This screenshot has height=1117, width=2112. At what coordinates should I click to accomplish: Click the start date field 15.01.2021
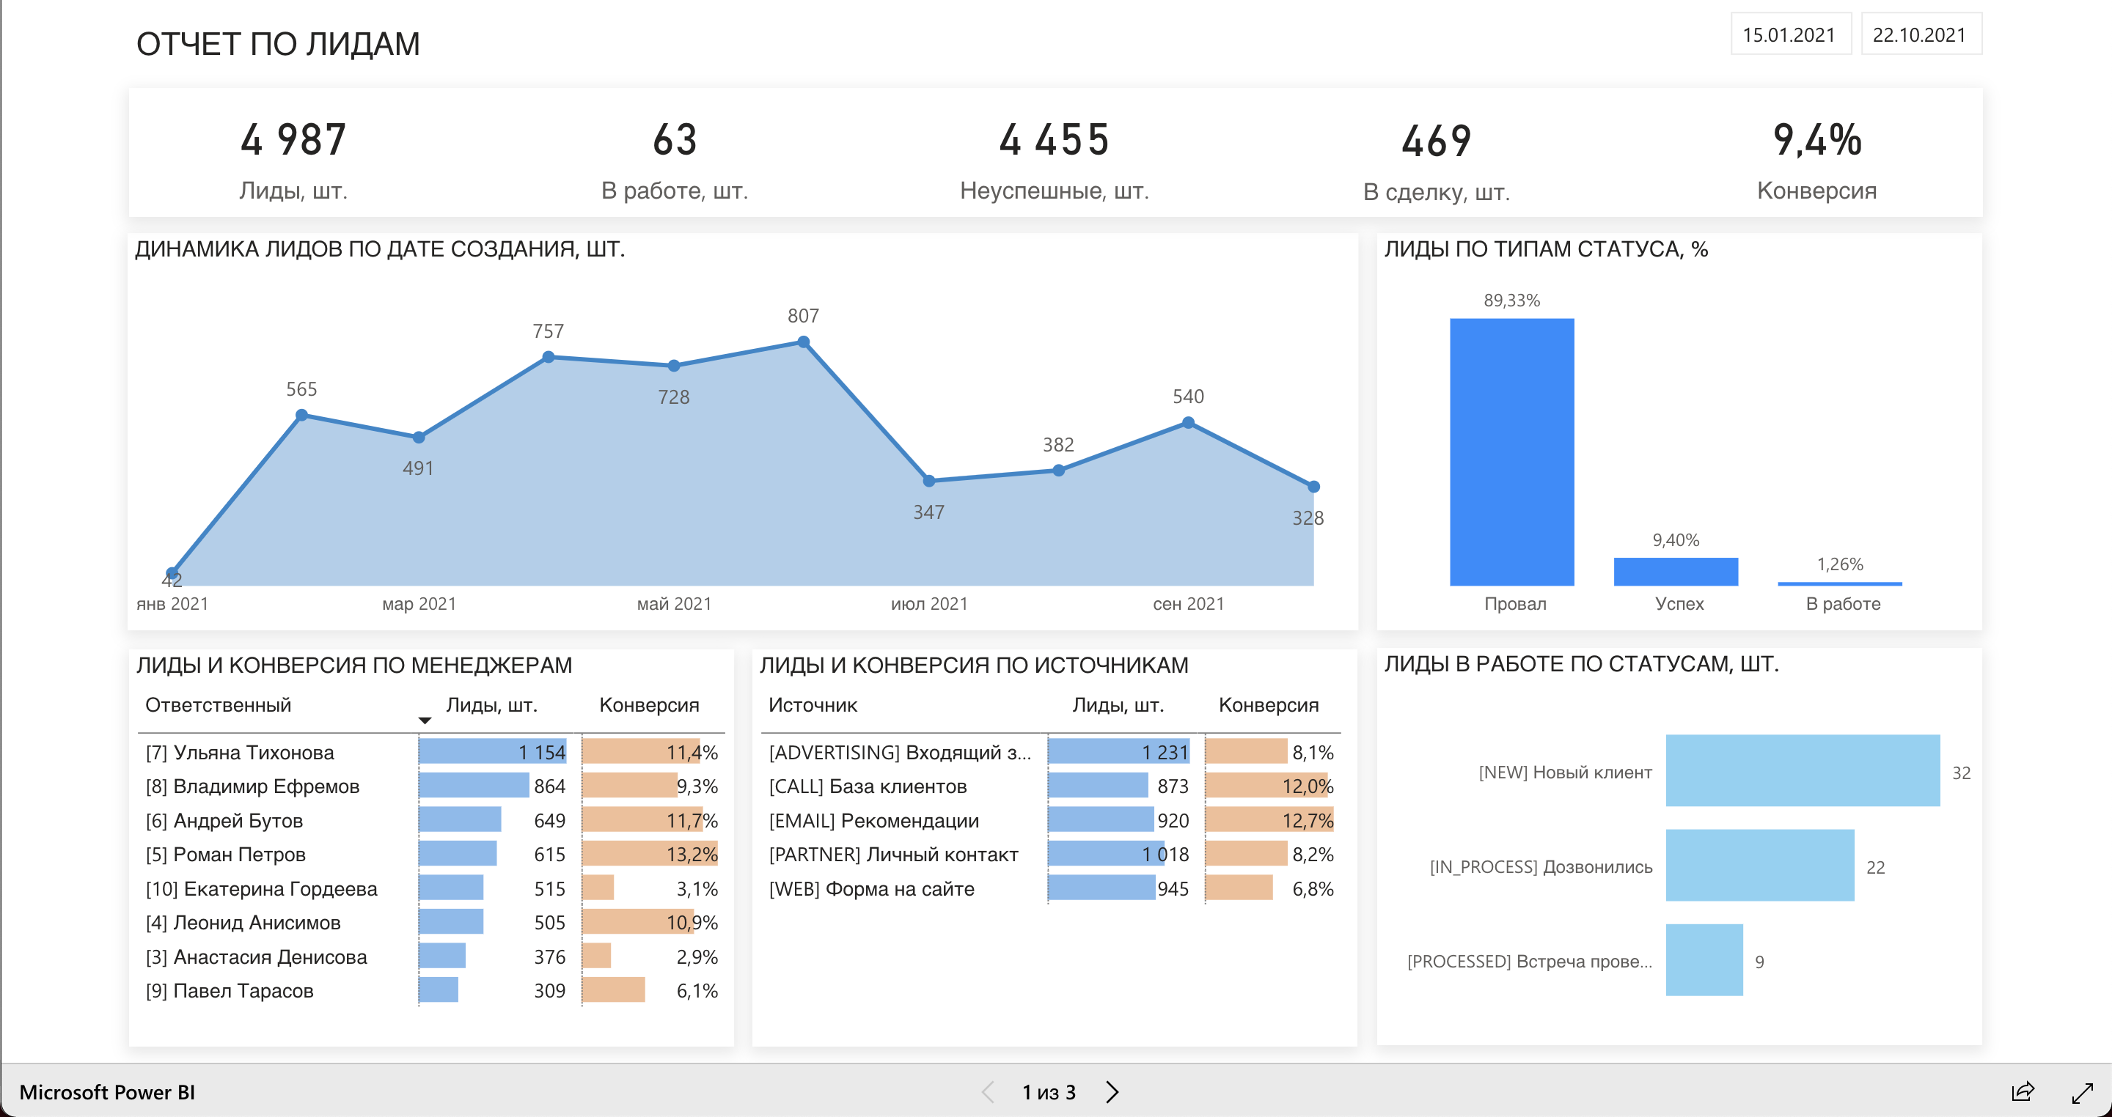[x=1789, y=34]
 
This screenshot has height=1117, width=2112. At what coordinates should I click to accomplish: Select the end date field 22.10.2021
[x=1919, y=34]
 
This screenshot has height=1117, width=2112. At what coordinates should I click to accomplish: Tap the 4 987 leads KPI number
[x=293, y=139]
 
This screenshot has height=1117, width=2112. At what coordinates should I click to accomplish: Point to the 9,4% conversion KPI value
[x=1817, y=139]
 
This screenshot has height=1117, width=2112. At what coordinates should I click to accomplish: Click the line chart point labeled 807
[x=804, y=342]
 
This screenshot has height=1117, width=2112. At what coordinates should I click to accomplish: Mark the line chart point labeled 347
[x=929, y=481]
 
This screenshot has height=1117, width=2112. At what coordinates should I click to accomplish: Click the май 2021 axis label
[x=674, y=604]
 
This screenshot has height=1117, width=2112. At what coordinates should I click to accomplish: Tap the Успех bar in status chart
[x=1675, y=572]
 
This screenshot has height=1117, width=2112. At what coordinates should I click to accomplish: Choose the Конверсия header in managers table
[x=648, y=705]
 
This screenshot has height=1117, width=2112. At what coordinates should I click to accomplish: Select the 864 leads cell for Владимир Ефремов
[x=549, y=786]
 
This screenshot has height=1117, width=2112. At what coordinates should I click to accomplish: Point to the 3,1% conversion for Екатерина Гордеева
[x=697, y=889]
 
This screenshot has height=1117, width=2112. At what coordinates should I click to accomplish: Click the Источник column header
[x=813, y=705]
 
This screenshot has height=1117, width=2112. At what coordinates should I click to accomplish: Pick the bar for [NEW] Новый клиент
[x=1802, y=771]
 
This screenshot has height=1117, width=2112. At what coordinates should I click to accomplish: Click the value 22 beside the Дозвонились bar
[x=1875, y=867]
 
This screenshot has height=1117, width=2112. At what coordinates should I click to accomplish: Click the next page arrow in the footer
[x=1112, y=1091]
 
